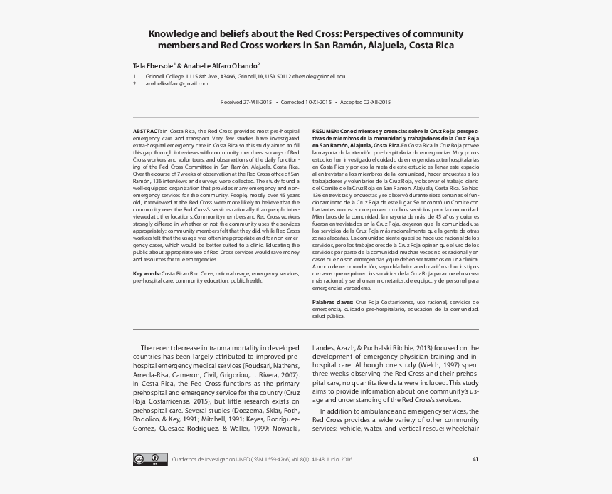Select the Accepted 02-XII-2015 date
pos(365,102)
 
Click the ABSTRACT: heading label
pos(147,132)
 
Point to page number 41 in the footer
pos(475,458)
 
